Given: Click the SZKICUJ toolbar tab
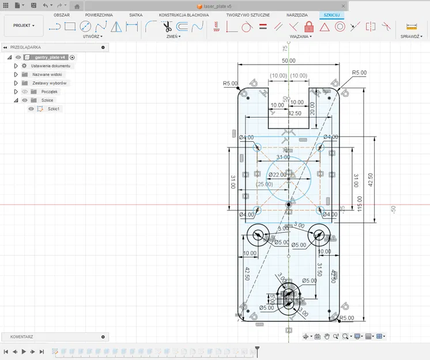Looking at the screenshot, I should [x=332, y=14].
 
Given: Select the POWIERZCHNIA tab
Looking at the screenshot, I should [x=99, y=14].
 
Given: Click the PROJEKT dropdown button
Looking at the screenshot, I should [x=24, y=26].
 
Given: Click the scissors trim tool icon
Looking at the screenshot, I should [x=167, y=26].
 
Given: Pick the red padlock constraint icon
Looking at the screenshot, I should [x=308, y=26].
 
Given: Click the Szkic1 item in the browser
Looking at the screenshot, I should [x=54, y=109].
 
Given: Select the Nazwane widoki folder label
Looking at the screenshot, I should [x=47, y=74].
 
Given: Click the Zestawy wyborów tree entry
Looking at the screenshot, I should [x=49, y=83].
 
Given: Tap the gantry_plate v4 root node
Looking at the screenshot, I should [x=50, y=58].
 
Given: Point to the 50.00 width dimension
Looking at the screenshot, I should [x=289, y=60].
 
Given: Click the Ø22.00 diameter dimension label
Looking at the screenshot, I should [x=277, y=175].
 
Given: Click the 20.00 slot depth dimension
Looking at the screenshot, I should [x=312, y=108].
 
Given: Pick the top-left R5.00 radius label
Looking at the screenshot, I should [x=230, y=84].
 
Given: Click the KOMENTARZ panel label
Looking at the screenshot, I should [x=22, y=337].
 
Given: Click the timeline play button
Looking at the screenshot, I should [x=24, y=351].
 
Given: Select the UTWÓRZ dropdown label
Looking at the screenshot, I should [x=92, y=36].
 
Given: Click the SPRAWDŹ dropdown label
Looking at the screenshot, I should [x=410, y=36].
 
